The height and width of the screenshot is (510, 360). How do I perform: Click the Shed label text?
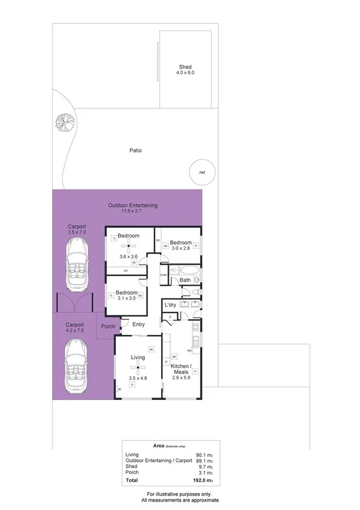[x=186, y=67]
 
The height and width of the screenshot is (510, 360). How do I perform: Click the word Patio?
[x=136, y=151]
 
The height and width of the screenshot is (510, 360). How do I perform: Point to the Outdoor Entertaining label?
[x=133, y=205]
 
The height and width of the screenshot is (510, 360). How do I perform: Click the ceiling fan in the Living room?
[x=138, y=367]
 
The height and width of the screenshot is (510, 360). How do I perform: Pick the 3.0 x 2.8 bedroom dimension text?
[x=180, y=248]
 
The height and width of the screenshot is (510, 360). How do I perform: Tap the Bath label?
[x=185, y=280]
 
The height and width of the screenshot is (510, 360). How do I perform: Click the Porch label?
[x=108, y=327]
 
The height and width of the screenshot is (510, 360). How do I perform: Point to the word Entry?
[x=139, y=325]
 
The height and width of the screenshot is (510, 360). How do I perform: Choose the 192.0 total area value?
[x=209, y=481]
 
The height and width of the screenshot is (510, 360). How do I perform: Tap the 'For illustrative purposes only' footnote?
[x=180, y=494]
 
